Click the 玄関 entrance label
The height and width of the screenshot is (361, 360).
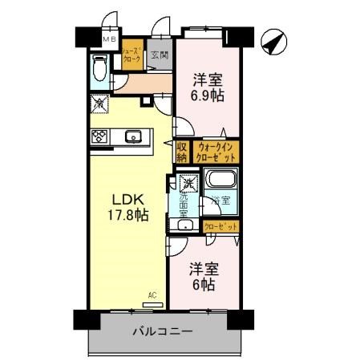[159, 55]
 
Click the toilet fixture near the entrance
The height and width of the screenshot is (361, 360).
[100, 71]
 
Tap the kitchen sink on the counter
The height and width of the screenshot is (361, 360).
[133, 136]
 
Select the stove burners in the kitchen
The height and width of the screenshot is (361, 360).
[101, 136]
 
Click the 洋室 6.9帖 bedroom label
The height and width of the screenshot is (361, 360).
[206, 87]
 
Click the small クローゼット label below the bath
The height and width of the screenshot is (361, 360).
[220, 226]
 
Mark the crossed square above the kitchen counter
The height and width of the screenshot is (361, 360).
[99, 103]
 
